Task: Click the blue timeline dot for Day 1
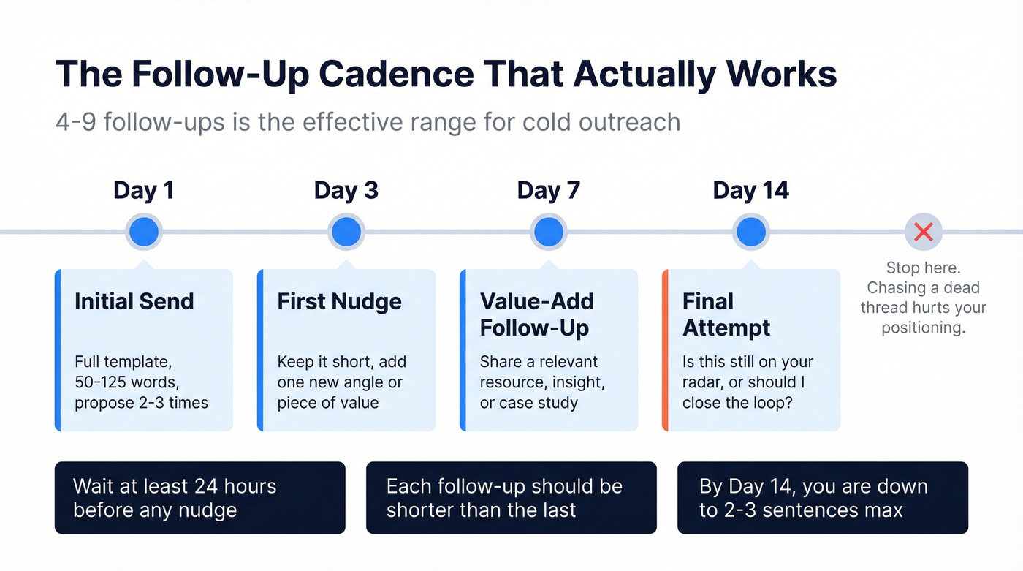[144, 232]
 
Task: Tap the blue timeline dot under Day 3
[346, 232]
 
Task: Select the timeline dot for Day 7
[548, 232]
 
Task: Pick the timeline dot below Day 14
[750, 232]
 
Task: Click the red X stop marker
[924, 232]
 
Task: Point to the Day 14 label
[750, 191]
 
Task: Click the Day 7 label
[548, 191]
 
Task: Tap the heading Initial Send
[134, 301]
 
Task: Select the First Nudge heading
[339, 301]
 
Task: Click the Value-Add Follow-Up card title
[536, 314]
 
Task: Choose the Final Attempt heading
[726, 314]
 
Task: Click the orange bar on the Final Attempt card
[665, 350]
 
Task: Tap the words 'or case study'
[528, 403]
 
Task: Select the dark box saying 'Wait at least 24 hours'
[199, 497]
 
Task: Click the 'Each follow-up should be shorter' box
[511, 497]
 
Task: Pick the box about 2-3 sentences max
[822, 497]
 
